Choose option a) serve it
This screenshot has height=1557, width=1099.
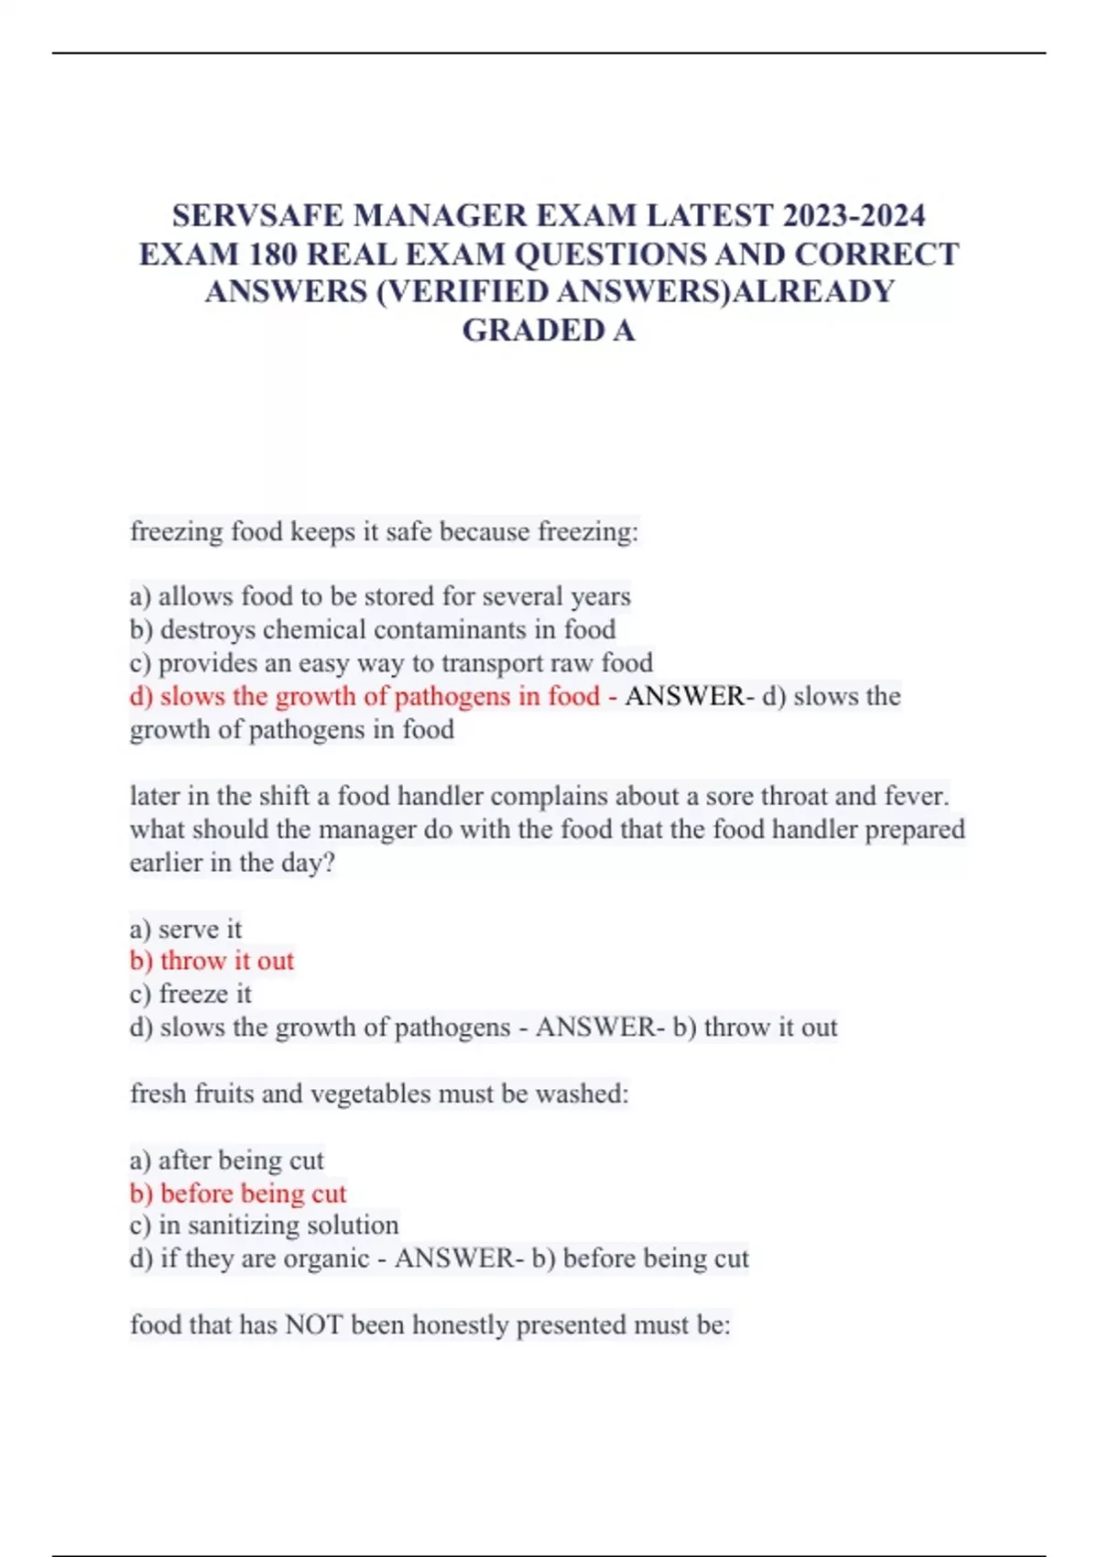(x=186, y=930)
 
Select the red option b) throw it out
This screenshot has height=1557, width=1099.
(x=212, y=962)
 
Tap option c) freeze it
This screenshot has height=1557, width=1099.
(x=190, y=995)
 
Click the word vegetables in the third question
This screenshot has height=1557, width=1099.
(x=370, y=1094)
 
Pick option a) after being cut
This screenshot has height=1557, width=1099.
(x=227, y=1161)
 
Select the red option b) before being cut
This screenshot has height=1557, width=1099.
(x=238, y=1194)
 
